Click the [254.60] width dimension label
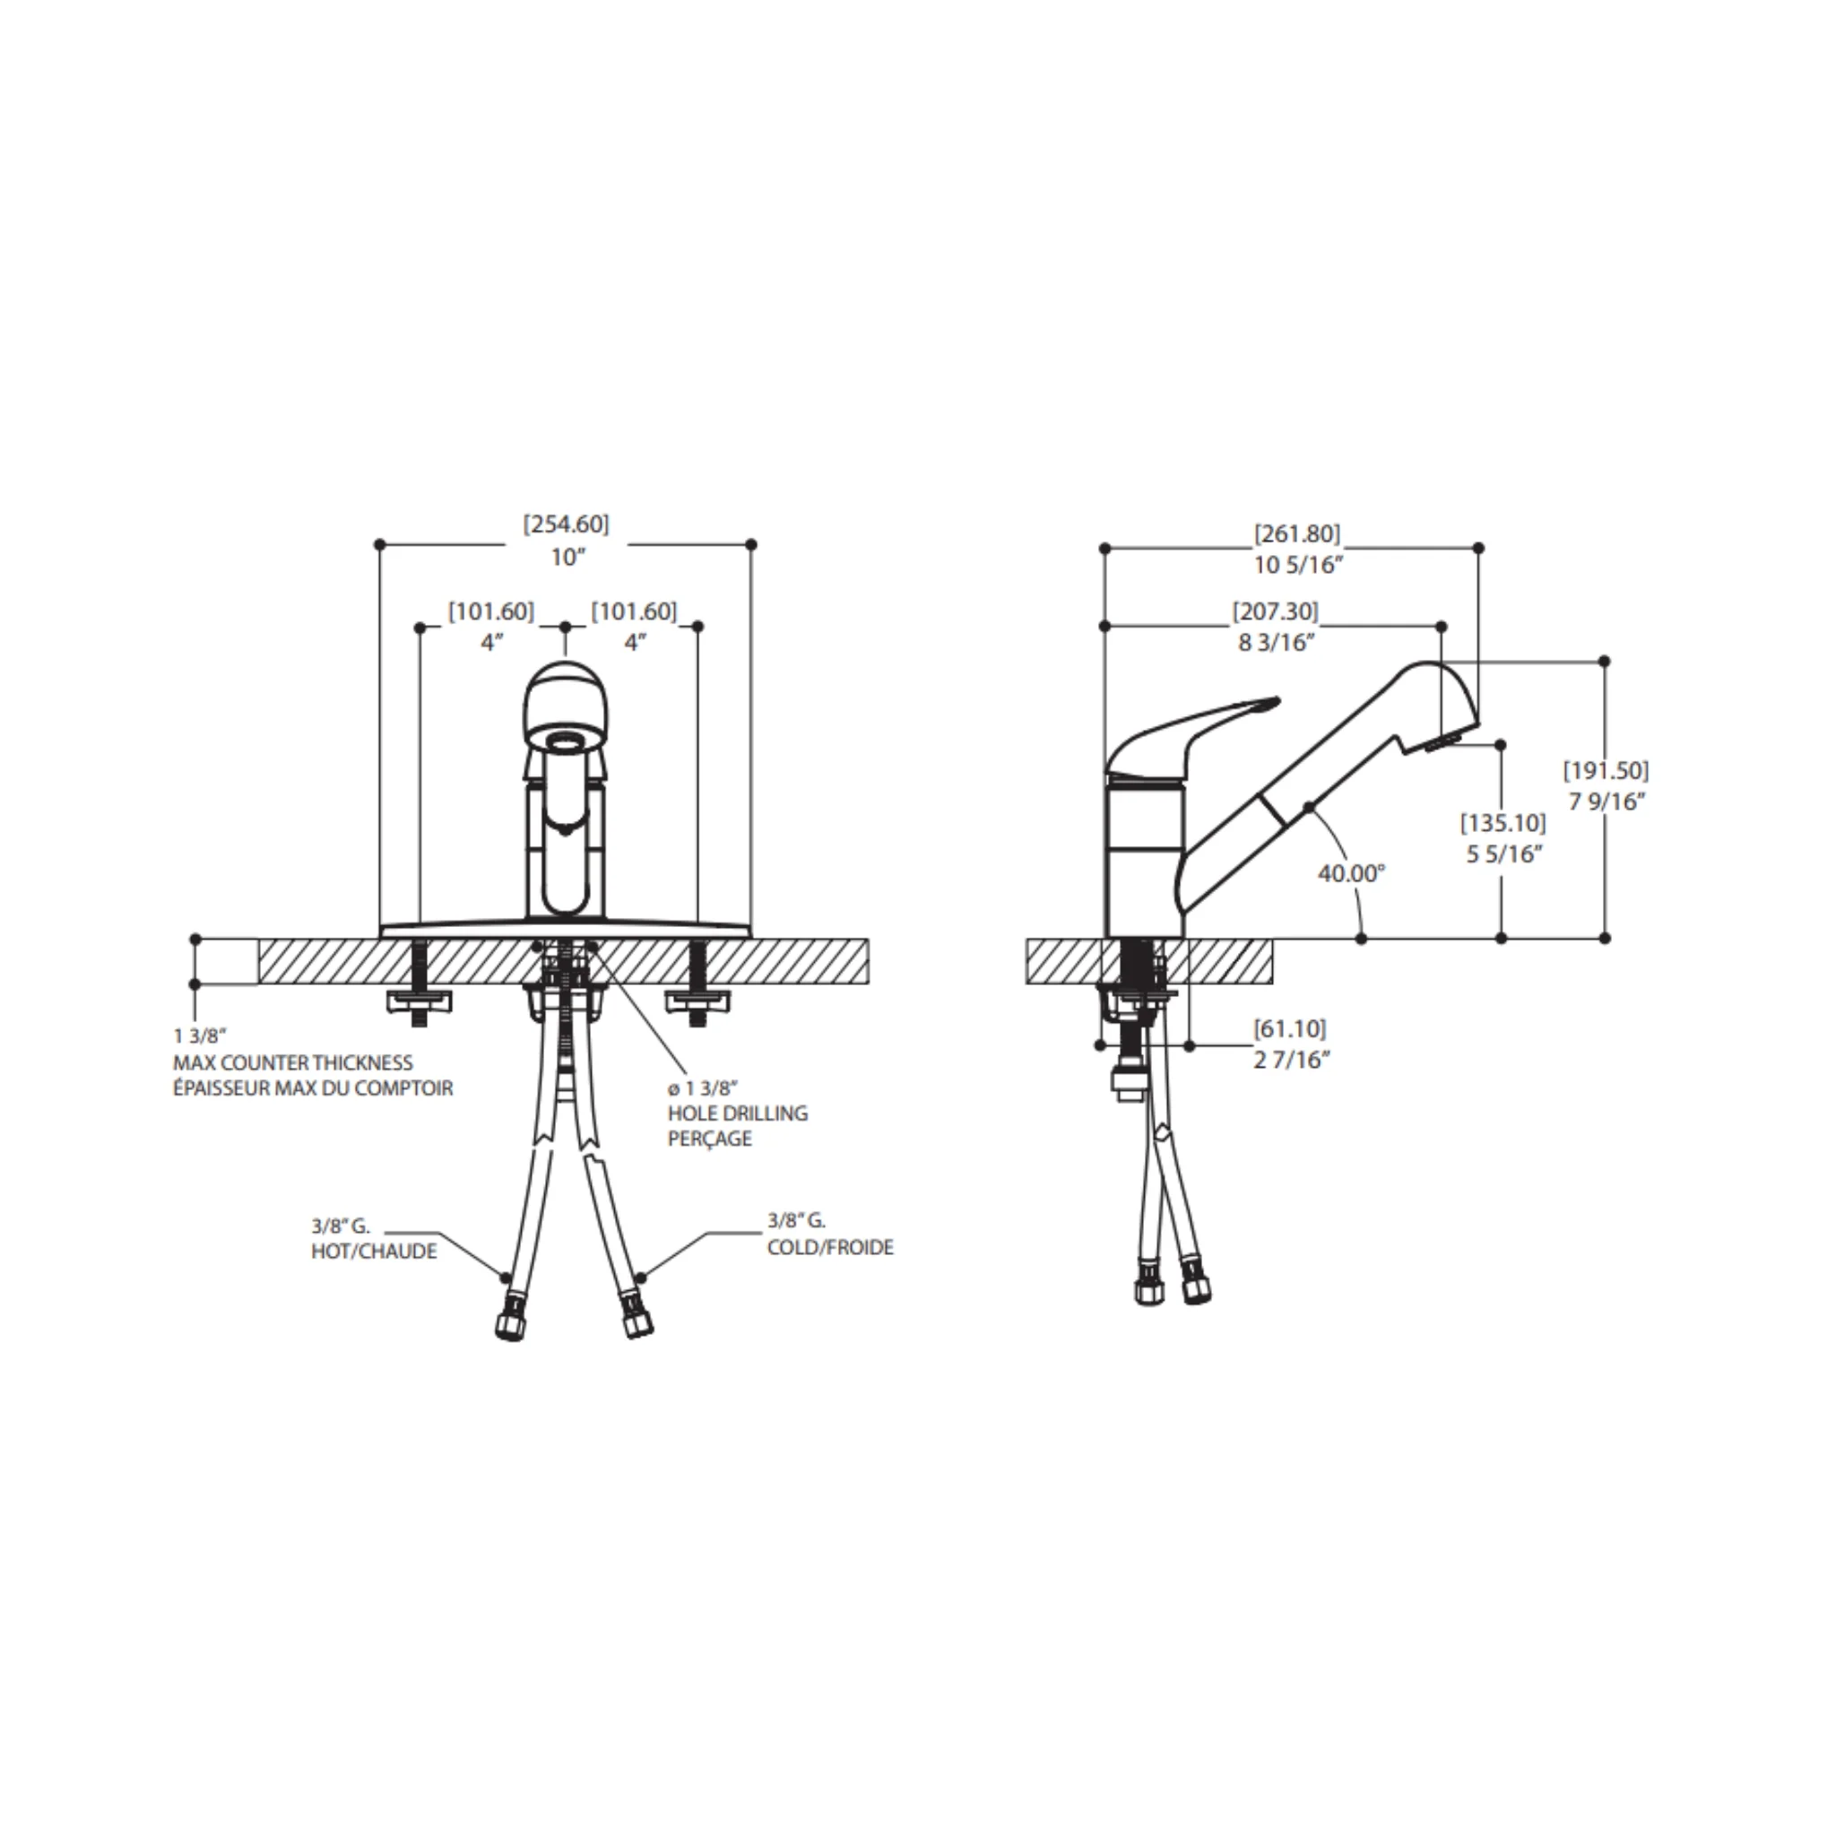(566, 524)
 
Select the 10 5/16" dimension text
(1297, 565)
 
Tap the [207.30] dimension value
(1276, 611)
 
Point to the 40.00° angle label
(1351, 872)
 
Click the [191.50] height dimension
(1606, 770)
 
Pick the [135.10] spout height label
(1503, 822)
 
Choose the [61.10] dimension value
(1289, 1028)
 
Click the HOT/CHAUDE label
(375, 1251)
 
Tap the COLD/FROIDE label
(830, 1247)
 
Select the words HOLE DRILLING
(738, 1113)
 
